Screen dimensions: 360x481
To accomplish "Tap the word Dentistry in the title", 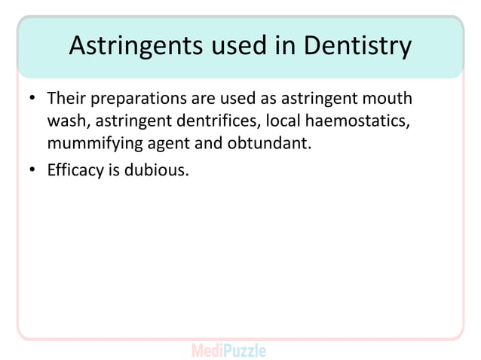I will (358, 47).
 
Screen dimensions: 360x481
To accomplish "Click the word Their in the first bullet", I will (66, 99).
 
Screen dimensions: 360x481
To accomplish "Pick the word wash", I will (67, 121).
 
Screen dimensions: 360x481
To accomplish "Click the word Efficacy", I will (76, 171).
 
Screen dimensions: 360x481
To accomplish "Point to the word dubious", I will (156, 171).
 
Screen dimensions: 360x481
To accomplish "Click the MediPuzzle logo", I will (228, 350).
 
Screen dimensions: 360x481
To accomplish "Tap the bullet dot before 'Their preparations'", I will (33, 100).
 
